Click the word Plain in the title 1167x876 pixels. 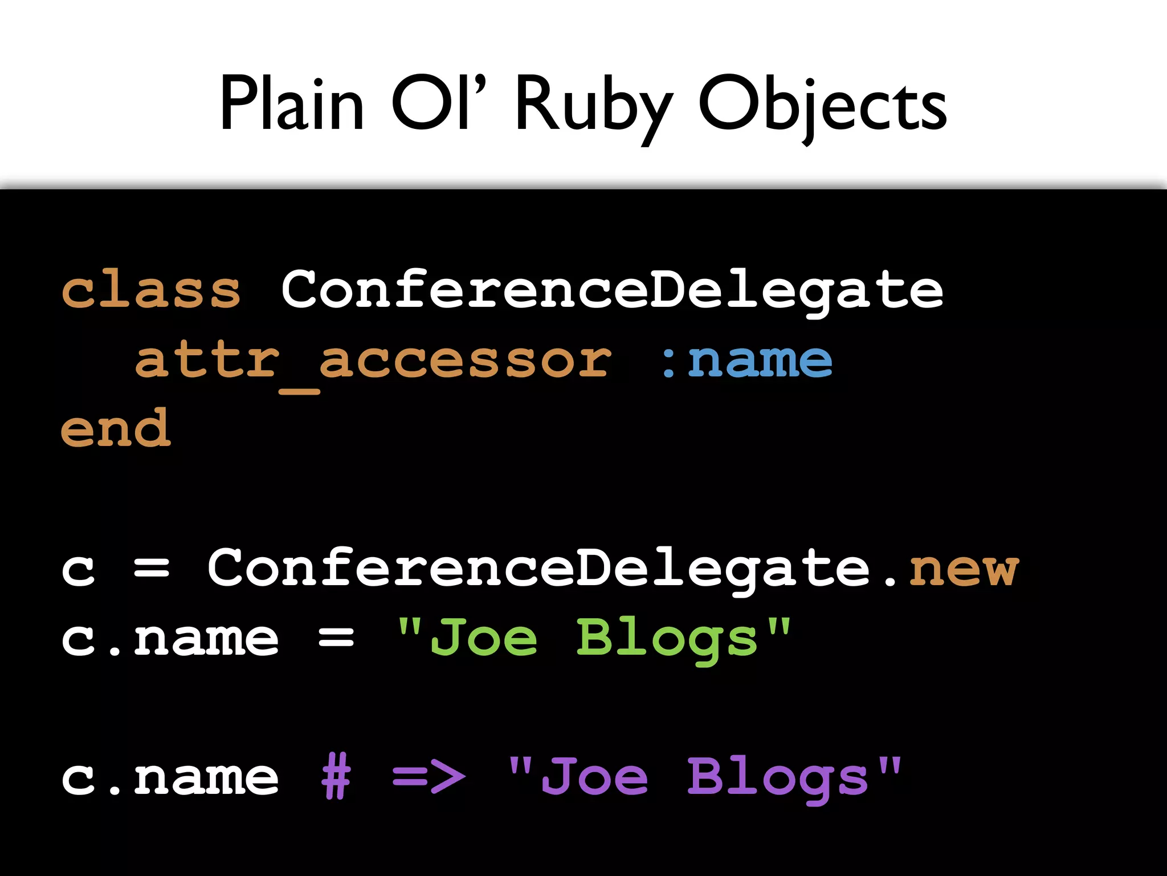[292, 104]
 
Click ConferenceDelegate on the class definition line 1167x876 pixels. [612, 291]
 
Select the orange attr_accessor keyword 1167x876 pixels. [373, 362]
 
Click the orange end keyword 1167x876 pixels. [116, 429]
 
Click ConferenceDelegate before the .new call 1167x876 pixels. [538, 569]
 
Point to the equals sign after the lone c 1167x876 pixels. [152, 569]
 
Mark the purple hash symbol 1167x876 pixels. [336, 777]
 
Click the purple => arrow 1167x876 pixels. [429, 777]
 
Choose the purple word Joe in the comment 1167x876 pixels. [594, 777]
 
